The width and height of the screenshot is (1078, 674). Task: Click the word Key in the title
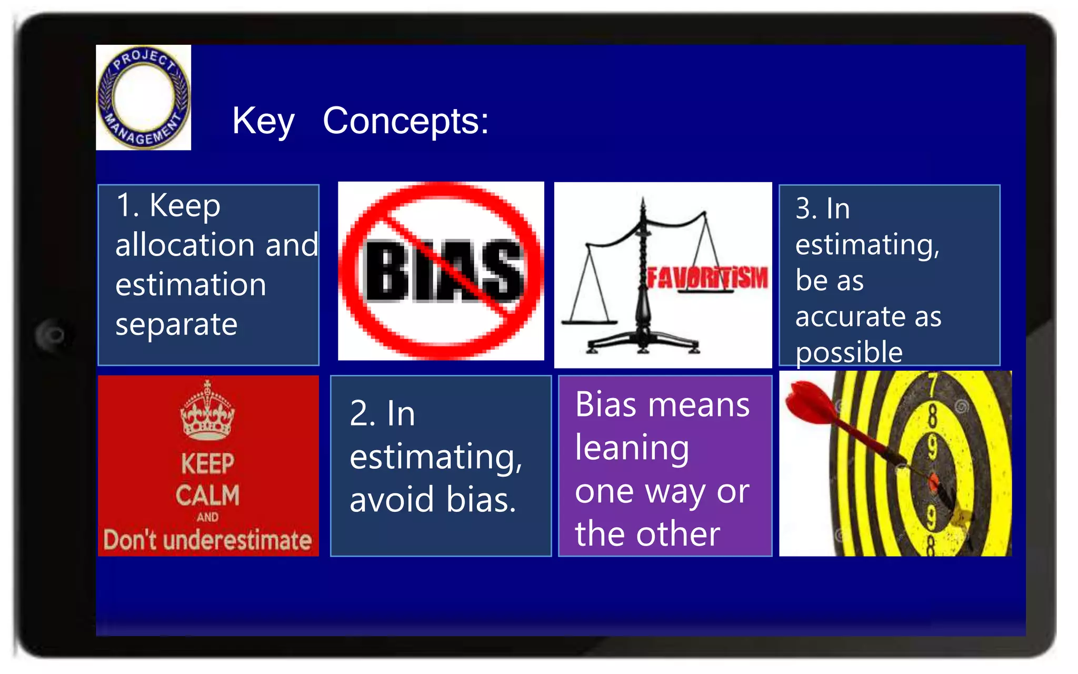coord(263,121)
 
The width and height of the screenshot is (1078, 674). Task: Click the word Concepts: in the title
coord(405,121)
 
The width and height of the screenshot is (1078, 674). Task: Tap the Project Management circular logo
coord(143,97)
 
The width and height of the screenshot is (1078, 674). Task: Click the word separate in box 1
coord(176,324)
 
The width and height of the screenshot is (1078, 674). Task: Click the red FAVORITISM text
coord(707,277)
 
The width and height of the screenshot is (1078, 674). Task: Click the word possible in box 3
coord(849,352)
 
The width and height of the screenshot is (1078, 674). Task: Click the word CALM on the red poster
coord(207,495)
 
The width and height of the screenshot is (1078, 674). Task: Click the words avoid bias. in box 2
coord(433,499)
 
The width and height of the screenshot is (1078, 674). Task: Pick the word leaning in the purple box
coord(632,448)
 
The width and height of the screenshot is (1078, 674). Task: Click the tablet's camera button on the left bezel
coord(53,335)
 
